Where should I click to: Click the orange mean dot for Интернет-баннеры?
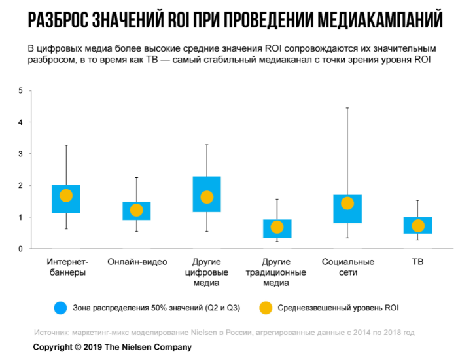pyautogui.click(x=66, y=195)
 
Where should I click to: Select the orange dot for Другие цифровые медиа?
pyautogui.click(x=207, y=196)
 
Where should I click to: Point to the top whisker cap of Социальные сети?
pyautogui.click(x=347, y=107)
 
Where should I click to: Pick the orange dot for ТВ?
pyautogui.click(x=418, y=226)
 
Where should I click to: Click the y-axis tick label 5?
pyautogui.click(x=20, y=90)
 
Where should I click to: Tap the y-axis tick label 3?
pyautogui.click(x=20, y=154)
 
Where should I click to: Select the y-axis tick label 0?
pyautogui.click(x=20, y=249)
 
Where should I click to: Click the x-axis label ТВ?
pyautogui.click(x=418, y=262)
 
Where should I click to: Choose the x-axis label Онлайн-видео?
pyautogui.click(x=136, y=262)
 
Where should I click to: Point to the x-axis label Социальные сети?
pyautogui.click(x=347, y=267)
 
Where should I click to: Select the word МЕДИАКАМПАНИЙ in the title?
pyautogui.click(x=379, y=20)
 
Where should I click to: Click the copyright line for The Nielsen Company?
pyautogui.click(x=112, y=347)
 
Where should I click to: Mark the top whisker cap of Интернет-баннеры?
pyautogui.click(x=66, y=145)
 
